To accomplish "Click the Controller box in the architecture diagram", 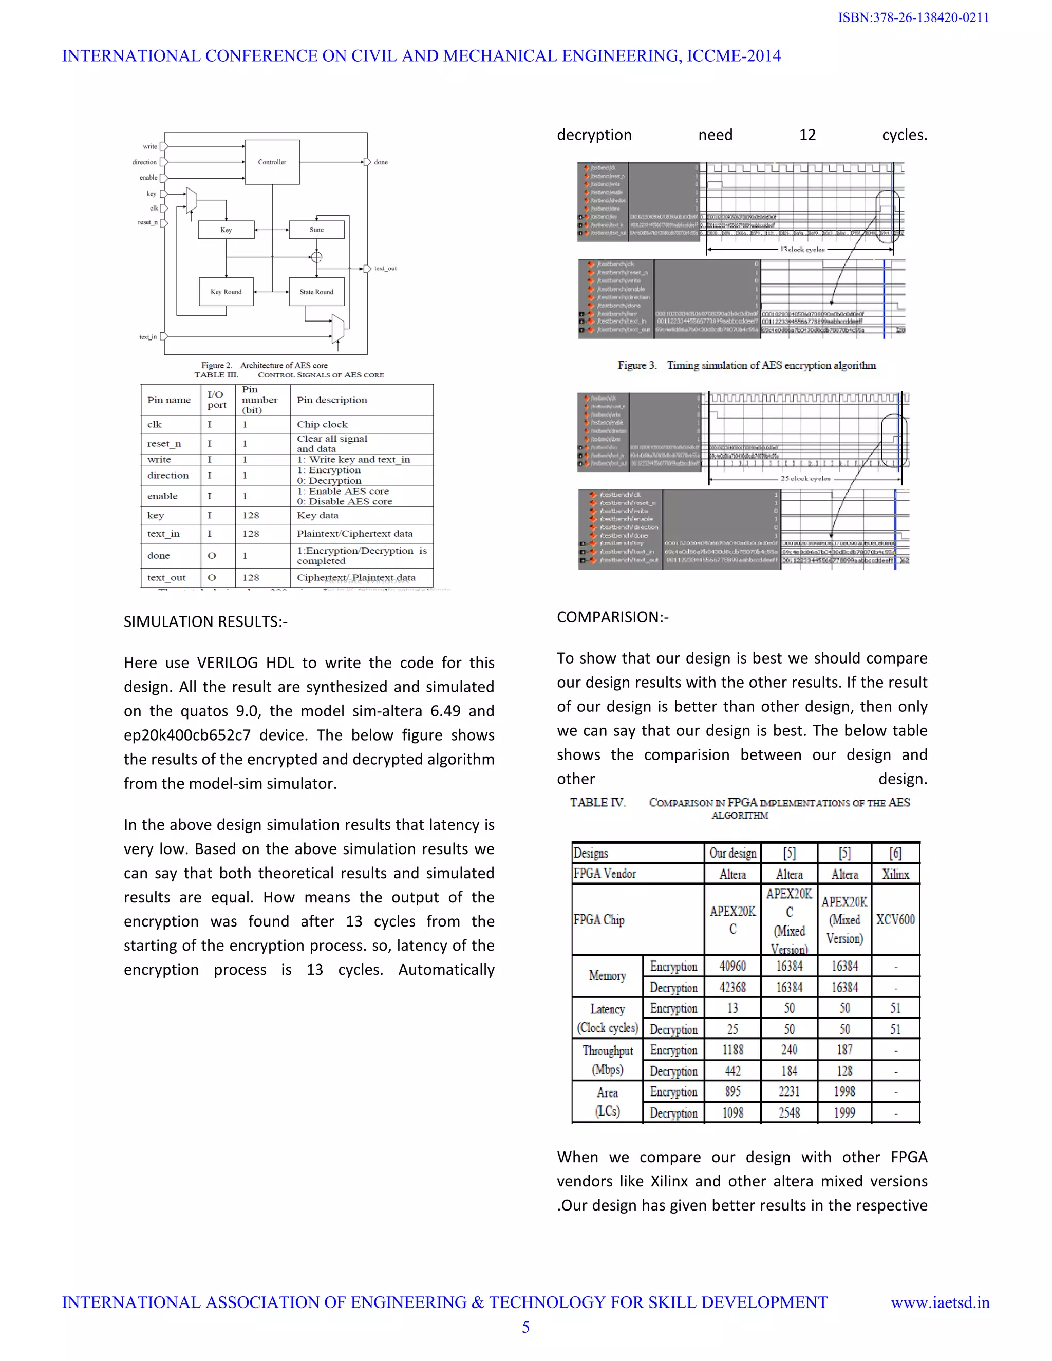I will pos(272,162).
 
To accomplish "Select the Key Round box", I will pos(226,292).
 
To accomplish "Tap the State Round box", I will pos(316,292).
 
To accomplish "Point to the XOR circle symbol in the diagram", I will pos(316,257).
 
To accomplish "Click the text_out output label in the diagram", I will pos(385,269).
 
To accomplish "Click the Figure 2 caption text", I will pos(264,365).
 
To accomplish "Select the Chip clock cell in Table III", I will pos(322,424).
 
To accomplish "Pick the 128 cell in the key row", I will pos(251,515).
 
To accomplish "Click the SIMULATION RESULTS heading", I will pos(205,622).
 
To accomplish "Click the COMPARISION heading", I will pos(612,617).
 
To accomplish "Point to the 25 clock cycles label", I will pos(805,479).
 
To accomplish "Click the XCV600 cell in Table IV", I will pos(895,920).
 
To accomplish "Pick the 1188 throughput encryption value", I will pos(732,1050).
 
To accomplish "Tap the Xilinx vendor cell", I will pos(895,874).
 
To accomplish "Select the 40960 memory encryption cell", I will pos(732,966).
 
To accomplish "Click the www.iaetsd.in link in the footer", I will pos(940,1302).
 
